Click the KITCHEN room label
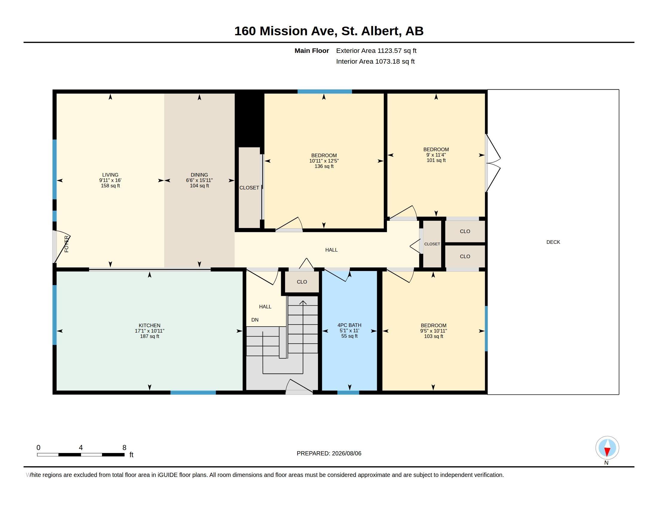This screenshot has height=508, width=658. pos(150,325)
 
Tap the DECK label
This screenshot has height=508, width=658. pos(553,242)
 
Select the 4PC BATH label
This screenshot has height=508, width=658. pos(349,325)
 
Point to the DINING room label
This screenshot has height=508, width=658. pos(199,175)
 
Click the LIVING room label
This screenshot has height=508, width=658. pos(110,175)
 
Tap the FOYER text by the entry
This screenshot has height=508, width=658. pos(67,244)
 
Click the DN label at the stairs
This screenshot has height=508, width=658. pos(255,320)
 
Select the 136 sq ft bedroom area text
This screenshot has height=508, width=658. pos(324,166)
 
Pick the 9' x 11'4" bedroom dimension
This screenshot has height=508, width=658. pos(436,155)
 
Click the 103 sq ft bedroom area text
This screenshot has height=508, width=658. pos(434,336)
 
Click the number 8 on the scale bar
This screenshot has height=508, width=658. pos(124,448)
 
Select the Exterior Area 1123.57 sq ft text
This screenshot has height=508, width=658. pos(376,51)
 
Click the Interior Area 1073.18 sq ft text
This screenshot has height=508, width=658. pos(375,61)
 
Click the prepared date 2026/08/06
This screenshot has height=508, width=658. pos(346,453)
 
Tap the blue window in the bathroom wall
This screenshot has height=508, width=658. pos(348,392)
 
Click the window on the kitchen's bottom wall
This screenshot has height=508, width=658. pos(193,392)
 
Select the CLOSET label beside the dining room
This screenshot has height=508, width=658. pos(249,188)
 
